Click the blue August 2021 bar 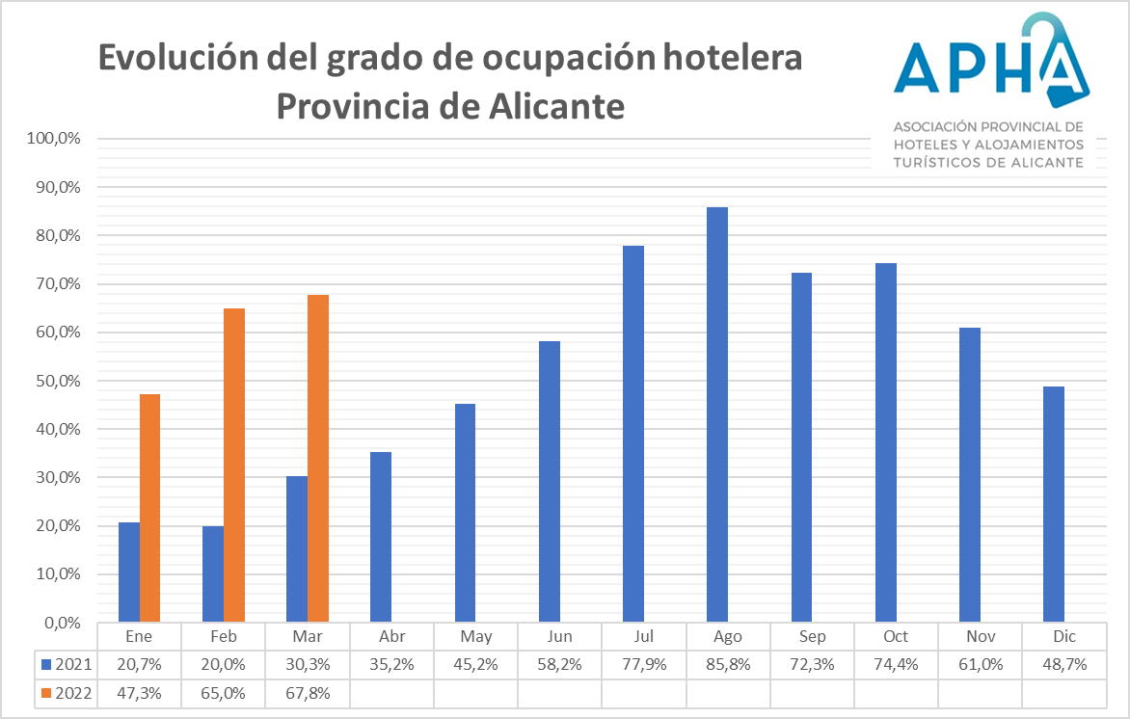pyautogui.click(x=716, y=414)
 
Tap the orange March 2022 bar pyautogui.click(x=318, y=458)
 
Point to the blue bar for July pyautogui.click(x=632, y=434)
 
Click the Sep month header pyautogui.click(x=812, y=637)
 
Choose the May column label pyautogui.click(x=476, y=637)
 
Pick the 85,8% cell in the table pyautogui.click(x=728, y=664)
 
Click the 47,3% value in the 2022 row pyautogui.click(x=139, y=692)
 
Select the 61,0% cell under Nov pyautogui.click(x=980, y=664)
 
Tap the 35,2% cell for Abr pyautogui.click(x=391, y=664)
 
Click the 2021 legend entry pyautogui.click(x=68, y=664)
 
